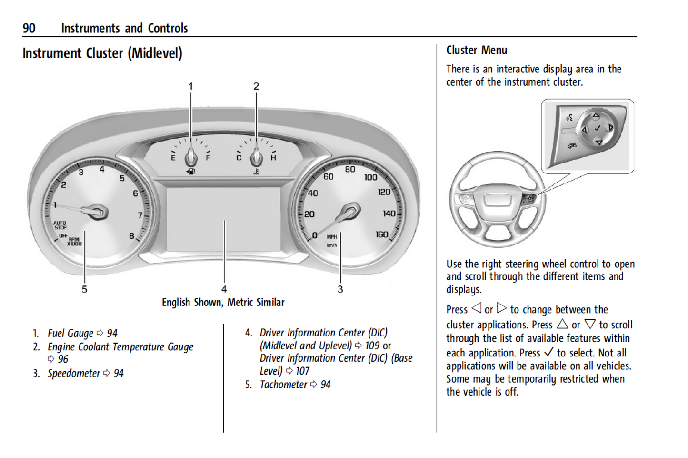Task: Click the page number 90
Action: pyautogui.click(x=29, y=28)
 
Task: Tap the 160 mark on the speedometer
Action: pyautogui.click(x=381, y=234)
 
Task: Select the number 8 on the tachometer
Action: pyautogui.click(x=131, y=235)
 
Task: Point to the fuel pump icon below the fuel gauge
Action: pyautogui.click(x=190, y=171)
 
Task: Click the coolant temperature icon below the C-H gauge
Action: pyautogui.click(x=256, y=171)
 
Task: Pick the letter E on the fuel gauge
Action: pyautogui.click(x=173, y=158)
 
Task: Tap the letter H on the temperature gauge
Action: pyautogui.click(x=273, y=158)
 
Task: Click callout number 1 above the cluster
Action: pyautogui.click(x=191, y=86)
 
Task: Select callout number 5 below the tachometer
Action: pyautogui.click(x=84, y=289)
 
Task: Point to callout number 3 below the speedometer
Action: pyautogui.click(x=340, y=289)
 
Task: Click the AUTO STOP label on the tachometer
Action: pyautogui.click(x=60, y=225)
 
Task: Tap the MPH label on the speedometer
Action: pyautogui.click(x=332, y=237)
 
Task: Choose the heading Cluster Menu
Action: pyautogui.click(x=477, y=50)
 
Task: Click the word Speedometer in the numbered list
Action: pyautogui.click(x=74, y=373)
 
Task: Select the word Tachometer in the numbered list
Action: pyautogui.click(x=283, y=385)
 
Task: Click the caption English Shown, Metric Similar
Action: pyautogui.click(x=223, y=302)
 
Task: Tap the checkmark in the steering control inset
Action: pyautogui.click(x=597, y=129)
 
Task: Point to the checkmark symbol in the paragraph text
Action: pyautogui.click(x=548, y=352)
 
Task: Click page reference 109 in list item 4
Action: pyautogui.click(x=372, y=346)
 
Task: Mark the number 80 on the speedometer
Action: pyautogui.click(x=350, y=169)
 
